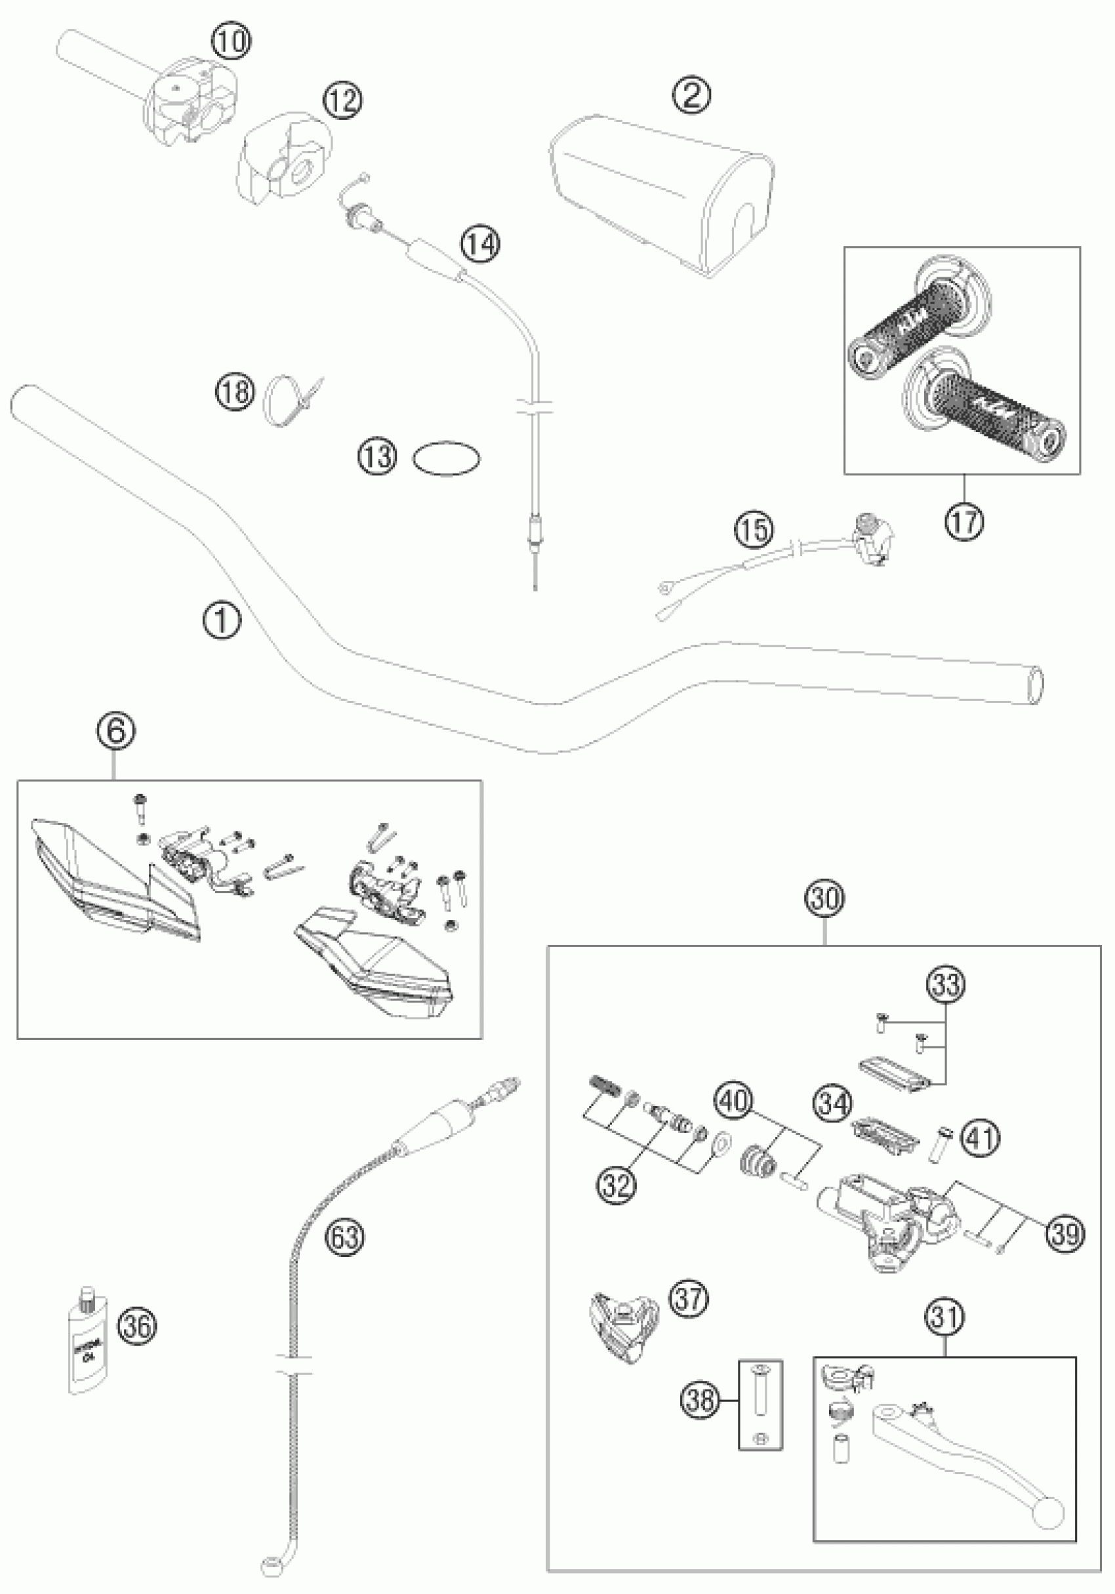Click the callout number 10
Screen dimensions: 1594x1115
[x=230, y=42]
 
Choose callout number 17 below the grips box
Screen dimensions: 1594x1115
[x=964, y=520]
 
